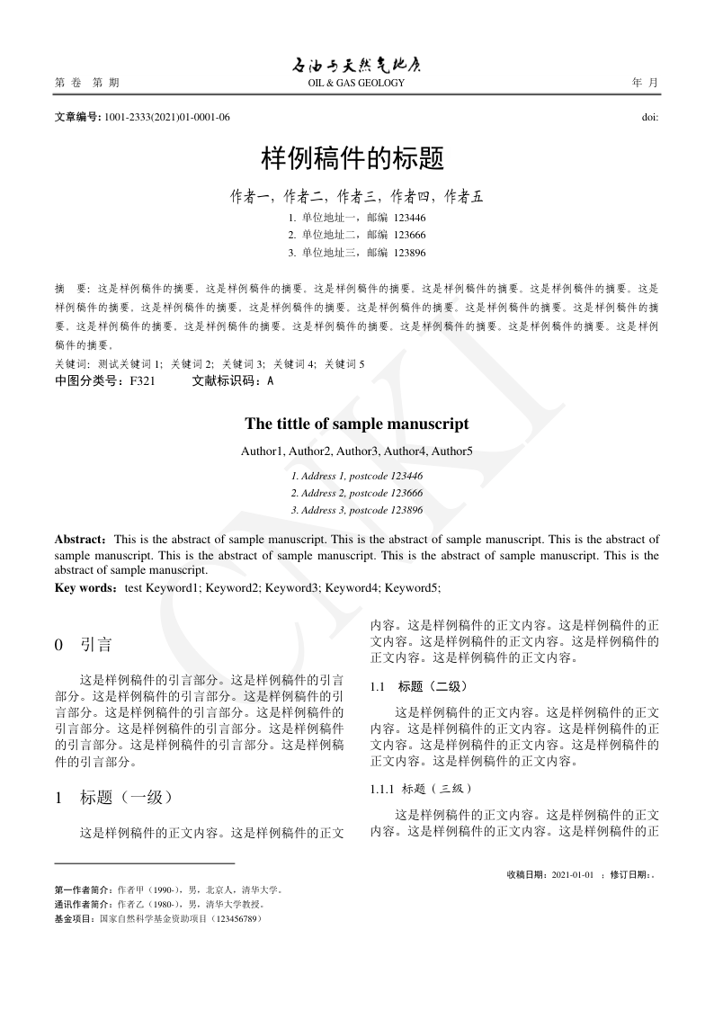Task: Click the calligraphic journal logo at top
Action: point(356,66)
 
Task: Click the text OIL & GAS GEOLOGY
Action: point(356,84)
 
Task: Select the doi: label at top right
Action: point(649,117)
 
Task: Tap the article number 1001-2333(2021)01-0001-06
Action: point(167,117)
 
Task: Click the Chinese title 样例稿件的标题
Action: point(353,159)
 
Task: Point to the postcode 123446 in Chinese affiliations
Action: point(409,218)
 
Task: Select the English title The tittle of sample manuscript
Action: point(357,424)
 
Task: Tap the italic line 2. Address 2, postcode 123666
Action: point(357,493)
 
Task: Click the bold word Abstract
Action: point(79,540)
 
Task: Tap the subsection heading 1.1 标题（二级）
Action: point(419,686)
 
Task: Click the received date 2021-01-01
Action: point(573,873)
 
